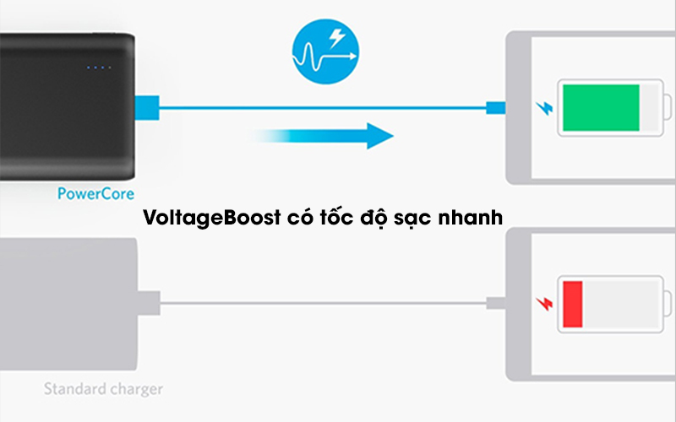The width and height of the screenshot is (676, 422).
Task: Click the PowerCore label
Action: pos(96,193)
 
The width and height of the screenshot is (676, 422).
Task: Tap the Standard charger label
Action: pos(103,389)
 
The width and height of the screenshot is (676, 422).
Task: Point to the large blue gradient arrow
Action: pos(330,135)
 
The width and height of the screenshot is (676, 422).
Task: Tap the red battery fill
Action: pos(572,304)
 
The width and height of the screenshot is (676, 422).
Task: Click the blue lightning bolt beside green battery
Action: pos(542,108)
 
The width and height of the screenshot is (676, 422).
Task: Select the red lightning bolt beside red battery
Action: pos(542,304)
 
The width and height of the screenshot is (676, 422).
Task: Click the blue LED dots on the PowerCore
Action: pos(98,68)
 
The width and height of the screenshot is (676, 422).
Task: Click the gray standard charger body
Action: pos(68,304)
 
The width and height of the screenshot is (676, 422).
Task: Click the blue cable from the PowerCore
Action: pos(321,108)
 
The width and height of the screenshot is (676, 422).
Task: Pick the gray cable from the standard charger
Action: pos(321,304)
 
